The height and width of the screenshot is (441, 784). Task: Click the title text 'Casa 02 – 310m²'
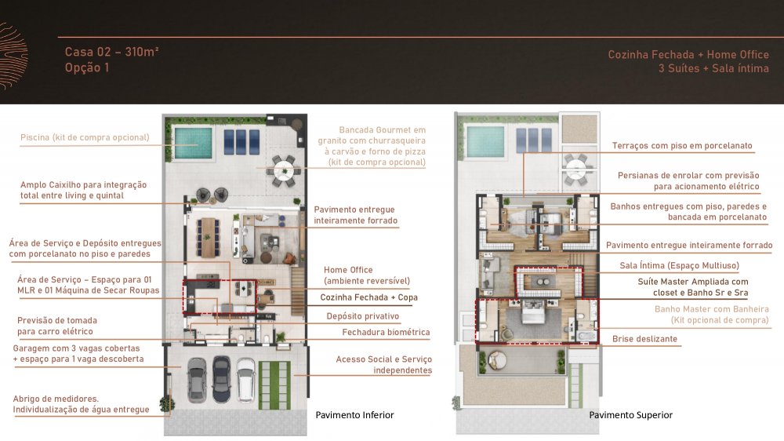pyautogui.click(x=111, y=52)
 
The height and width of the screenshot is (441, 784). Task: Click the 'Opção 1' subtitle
pyautogui.click(x=86, y=67)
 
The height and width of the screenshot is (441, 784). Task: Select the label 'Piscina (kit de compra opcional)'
pyautogui.click(x=85, y=137)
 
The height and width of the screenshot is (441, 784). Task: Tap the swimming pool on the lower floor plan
pyautogui.click(x=193, y=143)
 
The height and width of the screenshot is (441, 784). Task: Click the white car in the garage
pyautogui.click(x=245, y=379)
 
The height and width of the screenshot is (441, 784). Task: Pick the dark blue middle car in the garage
pyautogui.click(x=221, y=379)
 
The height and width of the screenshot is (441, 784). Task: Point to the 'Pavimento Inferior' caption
pyautogui.click(x=354, y=415)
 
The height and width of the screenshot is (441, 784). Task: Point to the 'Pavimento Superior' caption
pyautogui.click(x=630, y=415)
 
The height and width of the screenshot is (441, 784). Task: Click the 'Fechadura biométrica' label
pyautogui.click(x=386, y=332)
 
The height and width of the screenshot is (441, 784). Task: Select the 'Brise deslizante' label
pyautogui.click(x=644, y=339)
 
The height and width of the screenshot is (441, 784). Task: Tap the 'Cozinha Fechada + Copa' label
pyautogui.click(x=369, y=297)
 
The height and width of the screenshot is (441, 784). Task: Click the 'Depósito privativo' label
pyautogui.click(x=363, y=316)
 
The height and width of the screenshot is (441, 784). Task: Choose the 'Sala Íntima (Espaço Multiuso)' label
pyautogui.click(x=679, y=265)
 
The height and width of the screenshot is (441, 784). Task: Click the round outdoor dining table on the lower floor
pyautogui.click(x=284, y=170)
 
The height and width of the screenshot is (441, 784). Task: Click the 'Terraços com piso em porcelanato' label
pyautogui.click(x=682, y=146)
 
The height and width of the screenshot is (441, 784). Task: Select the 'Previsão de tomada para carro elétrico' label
pyautogui.click(x=57, y=326)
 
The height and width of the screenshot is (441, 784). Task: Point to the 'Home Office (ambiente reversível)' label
pyautogui.click(x=366, y=275)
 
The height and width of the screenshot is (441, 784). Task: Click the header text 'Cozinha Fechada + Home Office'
pyautogui.click(x=688, y=55)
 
